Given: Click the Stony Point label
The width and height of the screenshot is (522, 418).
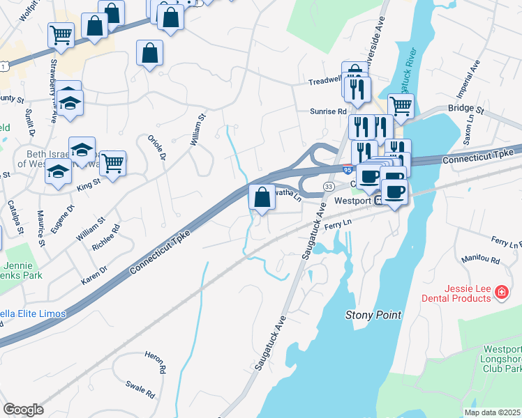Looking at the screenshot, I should [374, 315].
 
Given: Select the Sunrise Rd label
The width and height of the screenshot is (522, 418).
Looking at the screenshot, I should [329, 111].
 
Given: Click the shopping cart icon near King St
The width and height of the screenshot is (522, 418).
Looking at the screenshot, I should [112, 163].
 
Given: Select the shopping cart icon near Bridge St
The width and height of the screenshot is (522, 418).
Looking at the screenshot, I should [401, 106].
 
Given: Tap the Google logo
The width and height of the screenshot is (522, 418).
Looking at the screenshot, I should [23, 410].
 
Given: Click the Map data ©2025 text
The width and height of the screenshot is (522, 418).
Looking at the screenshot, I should [492, 412].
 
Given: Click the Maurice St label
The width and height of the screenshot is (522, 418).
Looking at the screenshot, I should [41, 228].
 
